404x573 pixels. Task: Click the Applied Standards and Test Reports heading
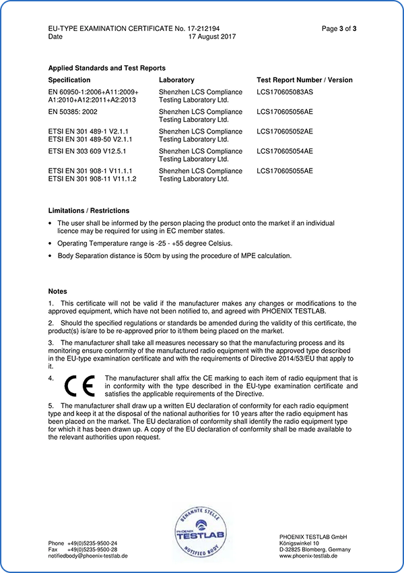[106, 68]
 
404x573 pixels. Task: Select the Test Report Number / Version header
[304, 80]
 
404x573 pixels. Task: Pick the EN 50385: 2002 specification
[78, 112]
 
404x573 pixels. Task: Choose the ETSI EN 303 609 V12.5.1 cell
[88, 152]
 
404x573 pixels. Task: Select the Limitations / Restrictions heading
[89, 211]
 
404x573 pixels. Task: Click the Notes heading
[58, 291]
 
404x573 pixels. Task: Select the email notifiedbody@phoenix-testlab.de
[88, 556]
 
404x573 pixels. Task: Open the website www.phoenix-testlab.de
[308, 556]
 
